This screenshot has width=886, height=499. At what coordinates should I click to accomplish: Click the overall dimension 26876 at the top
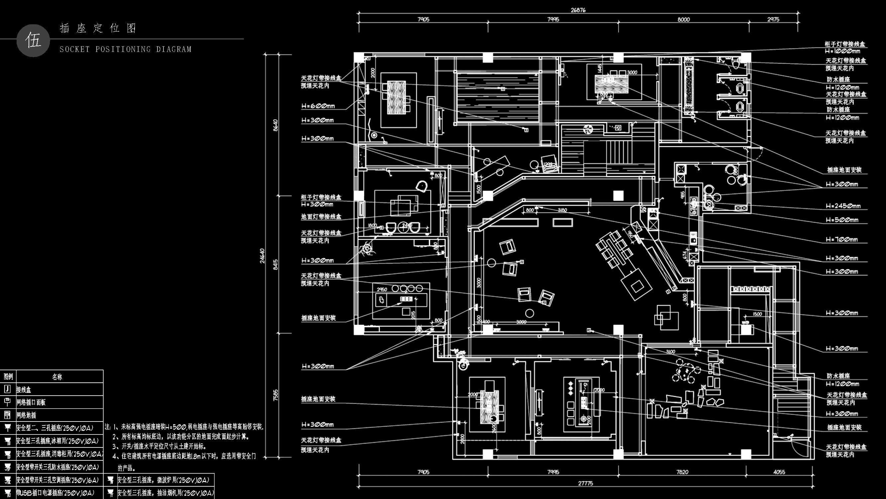click(x=578, y=10)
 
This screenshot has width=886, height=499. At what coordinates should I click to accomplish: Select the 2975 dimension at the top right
click(x=773, y=19)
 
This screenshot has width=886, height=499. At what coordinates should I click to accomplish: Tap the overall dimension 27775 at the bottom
click(x=585, y=483)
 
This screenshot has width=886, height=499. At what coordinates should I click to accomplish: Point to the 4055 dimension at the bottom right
click(x=779, y=472)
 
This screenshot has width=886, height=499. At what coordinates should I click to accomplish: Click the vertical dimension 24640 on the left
click(x=262, y=255)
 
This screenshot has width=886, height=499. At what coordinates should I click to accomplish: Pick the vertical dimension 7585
click(x=275, y=395)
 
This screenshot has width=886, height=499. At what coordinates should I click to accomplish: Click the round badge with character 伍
click(x=33, y=40)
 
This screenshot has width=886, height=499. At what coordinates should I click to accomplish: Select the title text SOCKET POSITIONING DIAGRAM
click(x=126, y=49)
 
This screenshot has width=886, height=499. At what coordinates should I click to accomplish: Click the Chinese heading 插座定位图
click(x=98, y=28)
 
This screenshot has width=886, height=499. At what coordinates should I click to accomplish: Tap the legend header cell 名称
click(x=57, y=377)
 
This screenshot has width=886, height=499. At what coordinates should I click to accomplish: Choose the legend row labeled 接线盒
click(x=24, y=390)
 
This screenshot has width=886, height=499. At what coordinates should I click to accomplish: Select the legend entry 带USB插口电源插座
click(x=55, y=493)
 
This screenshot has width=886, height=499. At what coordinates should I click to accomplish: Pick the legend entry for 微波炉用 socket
click(x=163, y=480)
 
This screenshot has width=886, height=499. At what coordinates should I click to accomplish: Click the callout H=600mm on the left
click(x=318, y=106)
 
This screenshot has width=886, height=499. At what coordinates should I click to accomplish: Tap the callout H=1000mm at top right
click(x=842, y=51)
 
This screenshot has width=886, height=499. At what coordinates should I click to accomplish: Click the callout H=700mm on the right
click(x=841, y=239)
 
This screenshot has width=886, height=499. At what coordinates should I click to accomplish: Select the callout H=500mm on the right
click(x=841, y=220)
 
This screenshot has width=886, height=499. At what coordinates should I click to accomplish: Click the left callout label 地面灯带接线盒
click(x=321, y=217)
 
